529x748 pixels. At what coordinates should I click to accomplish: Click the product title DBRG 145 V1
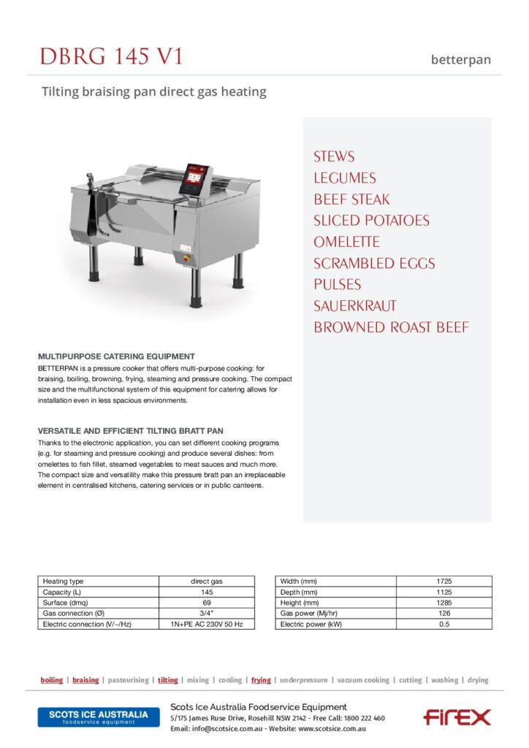click(x=112, y=56)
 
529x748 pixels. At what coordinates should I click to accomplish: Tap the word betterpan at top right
click(x=461, y=59)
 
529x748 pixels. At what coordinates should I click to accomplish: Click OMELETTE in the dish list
click(x=347, y=242)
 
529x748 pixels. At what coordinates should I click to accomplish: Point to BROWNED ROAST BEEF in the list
click(x=391, y=327)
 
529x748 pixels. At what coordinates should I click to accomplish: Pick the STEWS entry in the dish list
click(x=334, y=156)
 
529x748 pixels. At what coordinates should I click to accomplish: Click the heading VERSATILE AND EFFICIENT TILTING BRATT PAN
click(x=131, y=432)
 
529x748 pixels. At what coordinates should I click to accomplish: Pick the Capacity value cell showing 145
click(x=207, y=592)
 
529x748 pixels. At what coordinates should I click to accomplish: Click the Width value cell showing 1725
click(x=444, y=581)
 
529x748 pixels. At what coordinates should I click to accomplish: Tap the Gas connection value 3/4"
click(x=207, y=614)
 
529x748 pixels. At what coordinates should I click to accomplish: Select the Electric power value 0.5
click(x=444, y=625)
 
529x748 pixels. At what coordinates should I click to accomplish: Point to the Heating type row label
click(x=64, y=581)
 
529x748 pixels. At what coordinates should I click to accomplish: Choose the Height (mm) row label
click(x=299, y=603)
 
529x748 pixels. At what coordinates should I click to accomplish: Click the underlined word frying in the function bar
click(x=261, y=680)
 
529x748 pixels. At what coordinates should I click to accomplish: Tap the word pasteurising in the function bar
click(x=128, y=680)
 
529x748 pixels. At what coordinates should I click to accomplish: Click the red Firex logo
click(x=457, y=717)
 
